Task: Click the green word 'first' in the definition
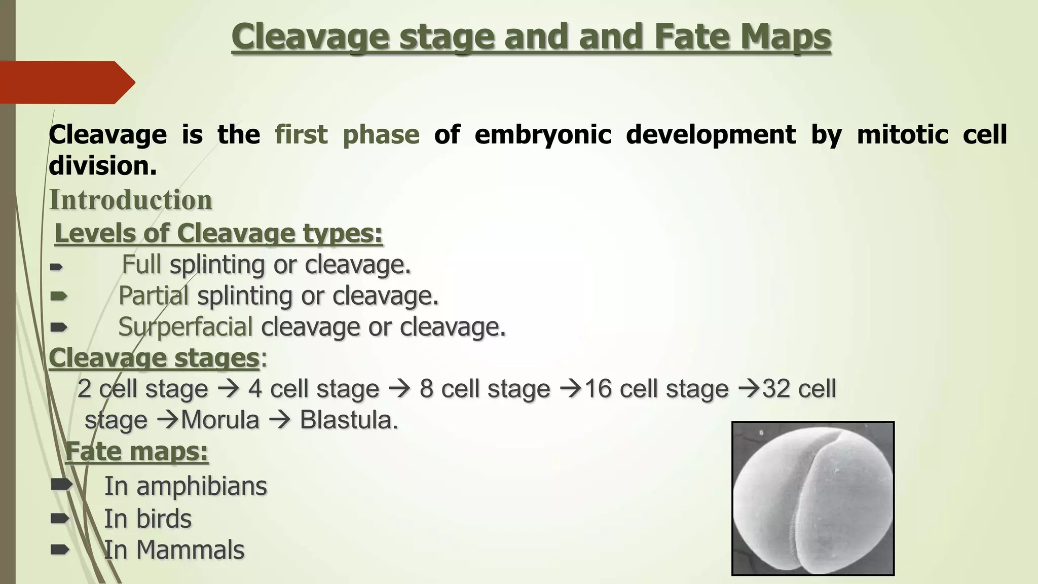point(301,135)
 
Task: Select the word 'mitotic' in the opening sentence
point(902,135)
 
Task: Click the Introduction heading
point(131,200)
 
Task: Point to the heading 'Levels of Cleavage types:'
point(218,234)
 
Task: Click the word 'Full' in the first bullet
point(141,265)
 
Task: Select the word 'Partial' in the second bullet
point(154,296)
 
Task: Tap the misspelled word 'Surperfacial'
point(185,327)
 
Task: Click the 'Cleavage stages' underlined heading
point(154,358)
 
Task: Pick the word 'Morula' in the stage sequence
point(220,420)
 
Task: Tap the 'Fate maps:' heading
point(136,451)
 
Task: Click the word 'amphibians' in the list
point(201,486)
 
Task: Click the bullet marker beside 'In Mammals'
point(60,550)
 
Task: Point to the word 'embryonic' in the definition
point(542,135)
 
